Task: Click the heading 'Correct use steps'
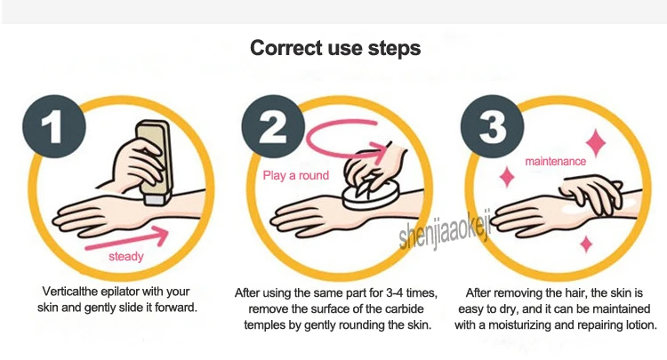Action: (335, 48)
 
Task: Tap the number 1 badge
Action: (54, 126)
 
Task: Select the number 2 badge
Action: (273, 126)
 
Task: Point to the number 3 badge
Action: (492, 126)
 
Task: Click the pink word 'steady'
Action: (126, 256)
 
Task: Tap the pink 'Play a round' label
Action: (295, 175)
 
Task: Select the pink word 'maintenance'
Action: (555, 162)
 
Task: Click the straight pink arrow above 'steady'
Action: (127, 239)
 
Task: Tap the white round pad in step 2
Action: (371, 194)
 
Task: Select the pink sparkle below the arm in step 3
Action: (587, 244)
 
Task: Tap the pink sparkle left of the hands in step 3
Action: (507, 177)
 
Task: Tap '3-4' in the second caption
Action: (394, 292)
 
